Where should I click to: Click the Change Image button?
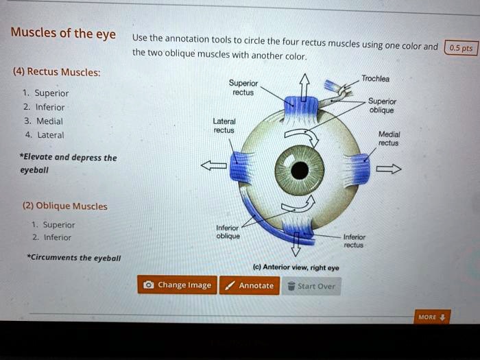178,285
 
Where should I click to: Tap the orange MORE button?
432,317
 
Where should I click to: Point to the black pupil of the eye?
299,170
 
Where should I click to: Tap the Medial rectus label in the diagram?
389,139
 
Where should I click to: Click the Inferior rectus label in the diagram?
354,241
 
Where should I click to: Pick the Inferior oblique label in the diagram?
228,231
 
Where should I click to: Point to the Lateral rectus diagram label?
224,125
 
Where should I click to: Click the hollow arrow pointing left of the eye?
213,165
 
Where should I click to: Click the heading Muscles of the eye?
62,34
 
